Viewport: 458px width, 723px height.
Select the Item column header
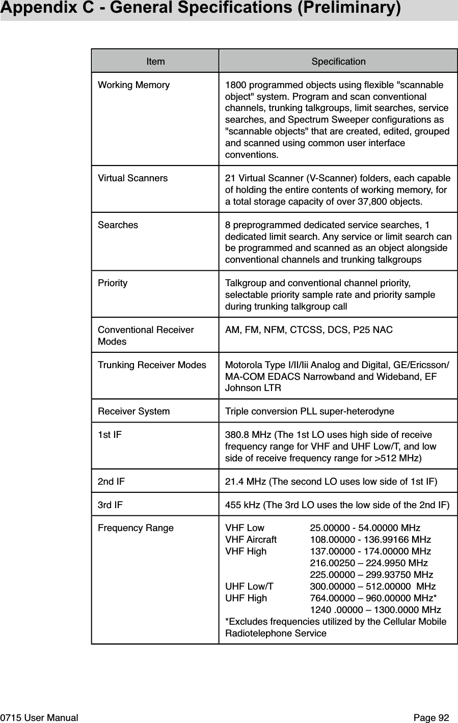pyautogui.click(x=155, y=62)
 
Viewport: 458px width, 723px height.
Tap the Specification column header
pyautogui.click(x=338, y=62)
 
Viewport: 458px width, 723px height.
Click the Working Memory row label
pyautogui.click(x=133, y=85)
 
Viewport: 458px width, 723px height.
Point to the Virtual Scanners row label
pyautogui.click(x=132, y=178)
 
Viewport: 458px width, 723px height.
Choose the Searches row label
pyautogui.click(x=118, y=225)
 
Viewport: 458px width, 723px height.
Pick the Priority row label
pyautogui.click(x=113, y=283)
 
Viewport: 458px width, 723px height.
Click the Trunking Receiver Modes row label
pyautogui.click(x=152, y=365)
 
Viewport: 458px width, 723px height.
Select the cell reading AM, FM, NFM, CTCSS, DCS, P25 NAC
pyautogui.click(x=309, y=330)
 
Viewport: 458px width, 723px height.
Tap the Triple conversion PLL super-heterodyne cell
pyautogui.click(x=309, y=411)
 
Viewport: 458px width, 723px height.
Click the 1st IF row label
pyautogui.click(x=110, y=435)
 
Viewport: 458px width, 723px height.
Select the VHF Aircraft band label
pyautogui.click(x=251, y=540)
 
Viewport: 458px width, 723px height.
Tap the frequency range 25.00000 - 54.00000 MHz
pyautogui.click(x=365, y=528)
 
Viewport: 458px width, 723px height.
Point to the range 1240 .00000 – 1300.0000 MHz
pyautogui.click(x=375, y=610)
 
